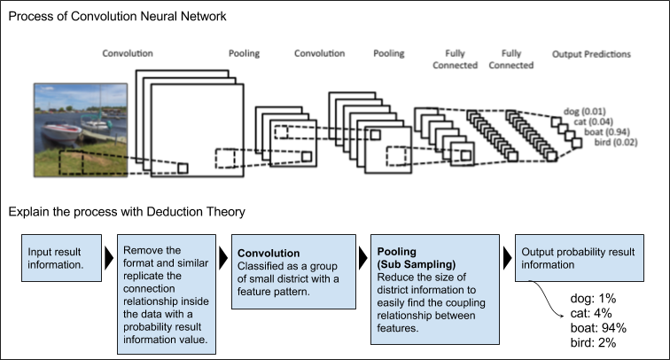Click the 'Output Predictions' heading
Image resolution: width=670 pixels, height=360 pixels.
tap(591, 54)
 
